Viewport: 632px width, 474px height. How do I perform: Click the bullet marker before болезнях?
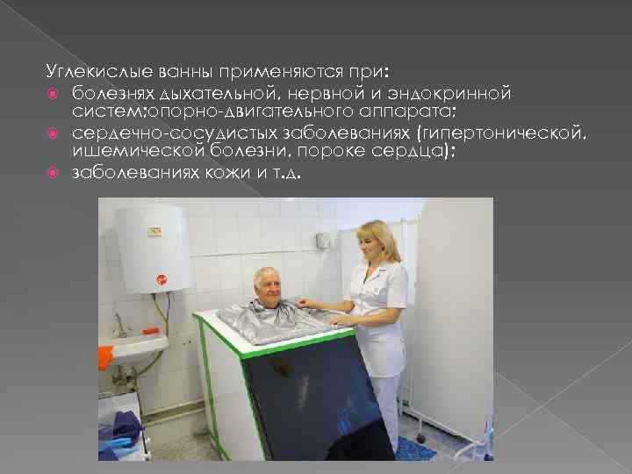pos(54,92)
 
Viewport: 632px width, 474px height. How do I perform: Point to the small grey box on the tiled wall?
pos(323,239)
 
